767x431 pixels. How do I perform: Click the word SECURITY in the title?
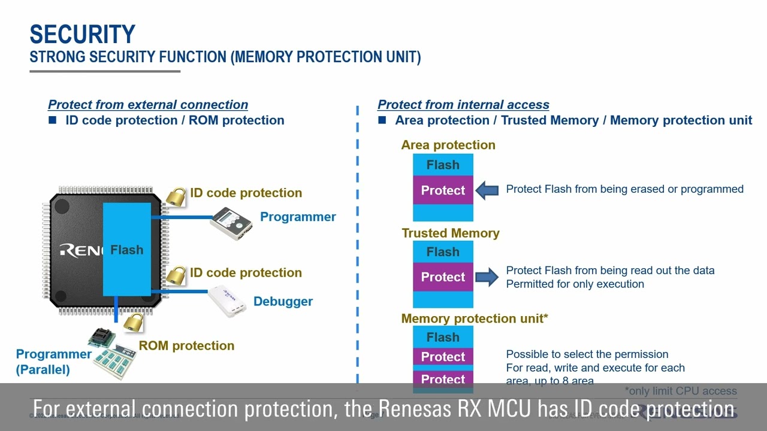click(82, 35)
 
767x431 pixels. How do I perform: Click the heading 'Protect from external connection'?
click(148, 104)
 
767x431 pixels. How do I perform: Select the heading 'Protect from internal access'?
click(463, 104)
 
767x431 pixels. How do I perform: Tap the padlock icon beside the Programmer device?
click(176, 196)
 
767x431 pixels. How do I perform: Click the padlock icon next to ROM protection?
click(134, 322)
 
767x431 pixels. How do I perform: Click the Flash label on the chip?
click(126, 250)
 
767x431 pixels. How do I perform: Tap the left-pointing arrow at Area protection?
click(487, 190)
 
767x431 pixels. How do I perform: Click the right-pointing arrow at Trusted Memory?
click(487, 277)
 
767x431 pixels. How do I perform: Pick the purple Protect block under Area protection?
click(443, 190)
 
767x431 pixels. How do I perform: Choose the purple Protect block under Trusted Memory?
click(443, 277)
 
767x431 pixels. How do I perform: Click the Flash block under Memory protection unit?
click(443, 337)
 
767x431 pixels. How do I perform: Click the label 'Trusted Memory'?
click(450, 233)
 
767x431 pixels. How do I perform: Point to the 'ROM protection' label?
click(186, 345)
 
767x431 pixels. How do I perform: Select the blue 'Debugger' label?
click(283, 301)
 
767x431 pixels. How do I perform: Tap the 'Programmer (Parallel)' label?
click(53, 362)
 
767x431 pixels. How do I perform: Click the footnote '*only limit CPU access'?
click(681, 391)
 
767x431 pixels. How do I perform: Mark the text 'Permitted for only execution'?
click(575, 284)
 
